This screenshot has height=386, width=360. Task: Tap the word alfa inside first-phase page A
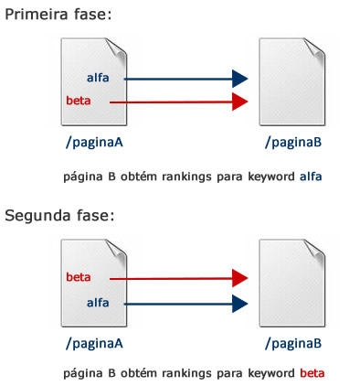point(98,78)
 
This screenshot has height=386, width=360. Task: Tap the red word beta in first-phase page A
point(79,100)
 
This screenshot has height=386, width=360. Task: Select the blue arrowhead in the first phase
point(240,79)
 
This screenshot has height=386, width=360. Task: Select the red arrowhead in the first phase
point(240,101)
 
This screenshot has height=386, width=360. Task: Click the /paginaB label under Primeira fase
point(292,143)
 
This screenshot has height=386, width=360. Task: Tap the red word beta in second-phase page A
point(79,276)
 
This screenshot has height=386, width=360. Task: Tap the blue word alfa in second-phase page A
point(98,301)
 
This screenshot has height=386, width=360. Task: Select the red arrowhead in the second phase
point(240,278)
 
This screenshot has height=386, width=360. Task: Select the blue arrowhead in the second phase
point(240,302)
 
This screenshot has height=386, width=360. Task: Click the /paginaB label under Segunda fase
point(292,344)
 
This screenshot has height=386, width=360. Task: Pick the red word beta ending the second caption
point(312,373)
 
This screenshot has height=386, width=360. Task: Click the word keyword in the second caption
point(270,373)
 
